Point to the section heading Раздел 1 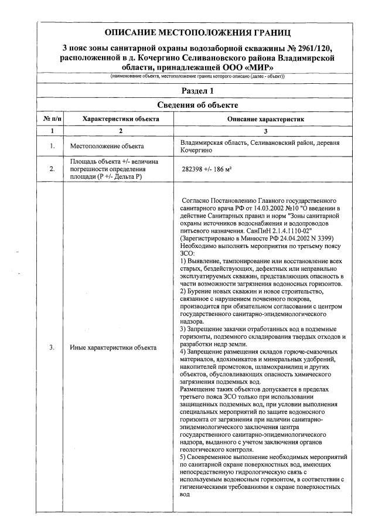[x=196, y=90]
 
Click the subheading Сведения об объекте [x=196, y=105]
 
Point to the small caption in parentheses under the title [x=197, y=77]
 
